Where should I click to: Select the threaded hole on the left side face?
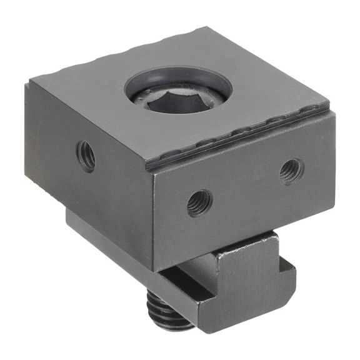86,155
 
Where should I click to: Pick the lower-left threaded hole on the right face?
199,202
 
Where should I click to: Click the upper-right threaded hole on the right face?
291,170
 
